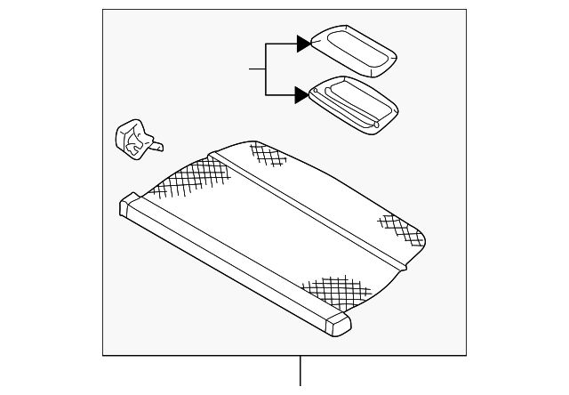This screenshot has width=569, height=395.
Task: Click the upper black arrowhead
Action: coord(303,43)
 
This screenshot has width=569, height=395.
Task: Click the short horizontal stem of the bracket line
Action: coord(257,69)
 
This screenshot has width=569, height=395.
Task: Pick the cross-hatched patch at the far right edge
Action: coord(400,228)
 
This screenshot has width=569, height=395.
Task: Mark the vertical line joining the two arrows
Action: coord(265,69)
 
